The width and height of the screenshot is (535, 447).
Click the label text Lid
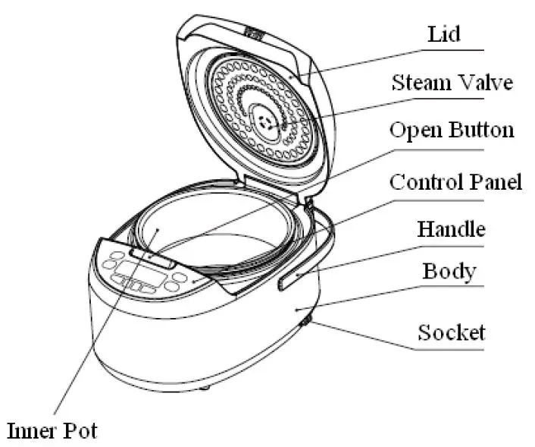click(x=444, y=35)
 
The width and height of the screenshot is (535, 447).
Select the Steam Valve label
click(x=452, y=82)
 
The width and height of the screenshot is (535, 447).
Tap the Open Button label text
click(x=452, y=130)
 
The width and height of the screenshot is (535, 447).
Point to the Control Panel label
click(x=455, y=182)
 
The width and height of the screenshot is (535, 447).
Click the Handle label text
click(x=451, y=228)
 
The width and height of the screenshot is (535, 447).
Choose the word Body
click(x=449, y=271)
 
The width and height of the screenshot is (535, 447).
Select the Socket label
click(x=452, y=332)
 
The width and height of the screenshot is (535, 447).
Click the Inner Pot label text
click(x=52, y=430)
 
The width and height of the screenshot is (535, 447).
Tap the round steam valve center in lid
click(x=264, y=121)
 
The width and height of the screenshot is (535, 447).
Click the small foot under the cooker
click(x=204, y=388)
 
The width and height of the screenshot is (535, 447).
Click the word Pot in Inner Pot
click(x=80, y=430)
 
